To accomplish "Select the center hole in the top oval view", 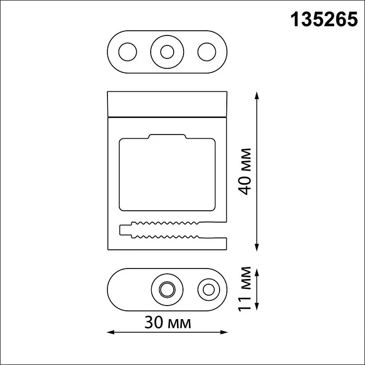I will pos(167,52).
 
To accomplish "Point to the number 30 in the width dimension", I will pos(155,323).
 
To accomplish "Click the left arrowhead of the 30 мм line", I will pos(110,332).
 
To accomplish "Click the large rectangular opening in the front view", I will pos(167,175).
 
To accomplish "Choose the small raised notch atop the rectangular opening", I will pos(167,137).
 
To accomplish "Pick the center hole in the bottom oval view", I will pos(167,288).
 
